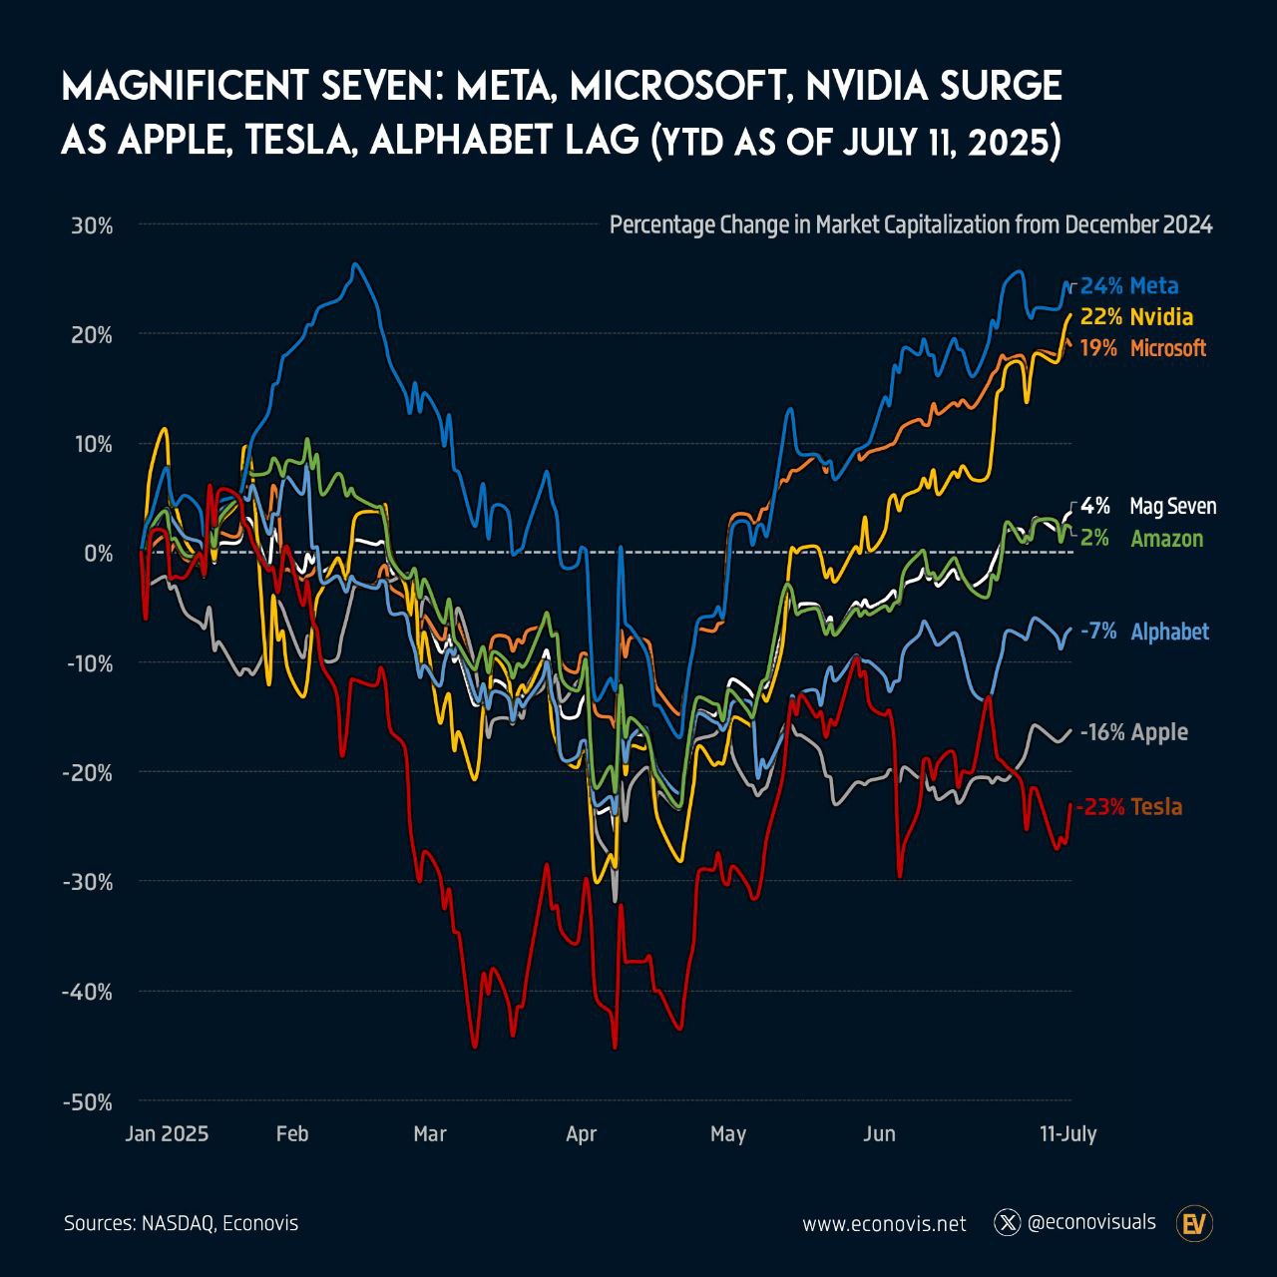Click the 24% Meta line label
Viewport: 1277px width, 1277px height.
1129,286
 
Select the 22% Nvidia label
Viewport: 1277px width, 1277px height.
1136,317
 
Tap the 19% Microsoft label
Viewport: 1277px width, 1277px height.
1143,348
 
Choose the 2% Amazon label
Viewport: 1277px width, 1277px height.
1141,539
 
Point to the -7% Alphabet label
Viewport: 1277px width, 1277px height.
1144,632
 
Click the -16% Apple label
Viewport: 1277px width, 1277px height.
1134,732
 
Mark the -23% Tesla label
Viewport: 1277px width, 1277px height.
1130,807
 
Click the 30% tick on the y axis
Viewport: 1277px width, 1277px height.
92,225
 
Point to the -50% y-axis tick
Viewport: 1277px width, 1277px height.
87,1102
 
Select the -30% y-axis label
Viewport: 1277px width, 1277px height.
87,883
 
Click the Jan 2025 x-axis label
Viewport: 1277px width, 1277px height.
167,1134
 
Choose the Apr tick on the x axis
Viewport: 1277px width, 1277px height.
581,1134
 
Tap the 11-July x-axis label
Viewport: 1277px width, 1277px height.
1067,1134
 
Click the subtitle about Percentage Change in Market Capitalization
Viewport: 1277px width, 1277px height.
911,224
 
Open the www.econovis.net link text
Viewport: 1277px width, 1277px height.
884,1223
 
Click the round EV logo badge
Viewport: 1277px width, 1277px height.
1194,1223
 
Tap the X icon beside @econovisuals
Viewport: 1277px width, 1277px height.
1008,1222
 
